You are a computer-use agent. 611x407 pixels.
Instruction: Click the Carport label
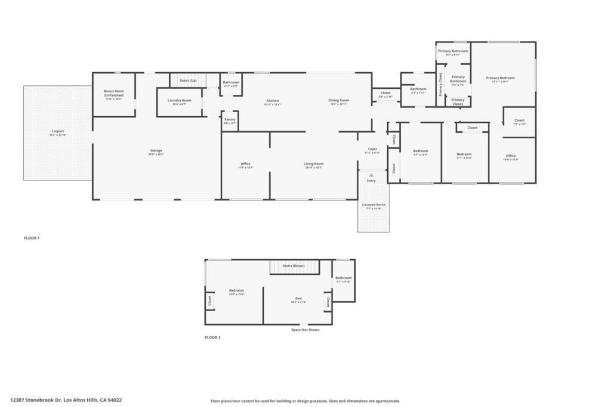(x=57, y=131)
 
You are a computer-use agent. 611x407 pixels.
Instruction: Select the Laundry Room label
(x=179, y=101)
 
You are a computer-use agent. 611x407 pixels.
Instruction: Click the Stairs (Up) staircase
(x=188, y=80)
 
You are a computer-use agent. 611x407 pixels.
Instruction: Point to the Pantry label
(x=230, y=120)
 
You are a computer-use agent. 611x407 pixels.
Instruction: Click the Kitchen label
(x=273, y=101)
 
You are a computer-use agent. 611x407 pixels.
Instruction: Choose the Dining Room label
(x=338, y=101)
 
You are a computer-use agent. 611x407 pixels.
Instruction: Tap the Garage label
(x=156, y=151)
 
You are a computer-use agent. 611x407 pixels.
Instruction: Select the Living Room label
(x=314, y=164)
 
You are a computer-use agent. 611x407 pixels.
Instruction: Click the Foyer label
(x=372, y=150)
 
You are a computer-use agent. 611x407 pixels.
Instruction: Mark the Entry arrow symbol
(x=371, y=175)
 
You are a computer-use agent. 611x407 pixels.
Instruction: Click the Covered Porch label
(x=374, y=205)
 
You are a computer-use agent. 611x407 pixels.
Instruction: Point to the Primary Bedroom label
(x=500, y=78)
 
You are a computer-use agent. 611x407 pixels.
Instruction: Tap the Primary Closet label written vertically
(x=441, y=84)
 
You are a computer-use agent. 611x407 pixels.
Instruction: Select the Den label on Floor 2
(x=298, y=298)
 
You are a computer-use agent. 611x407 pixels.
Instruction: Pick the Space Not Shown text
(x=305, y=330)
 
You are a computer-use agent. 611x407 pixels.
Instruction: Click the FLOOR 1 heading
(x=32, y=238)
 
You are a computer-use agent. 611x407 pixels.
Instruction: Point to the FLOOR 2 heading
(x=212, y=338)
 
